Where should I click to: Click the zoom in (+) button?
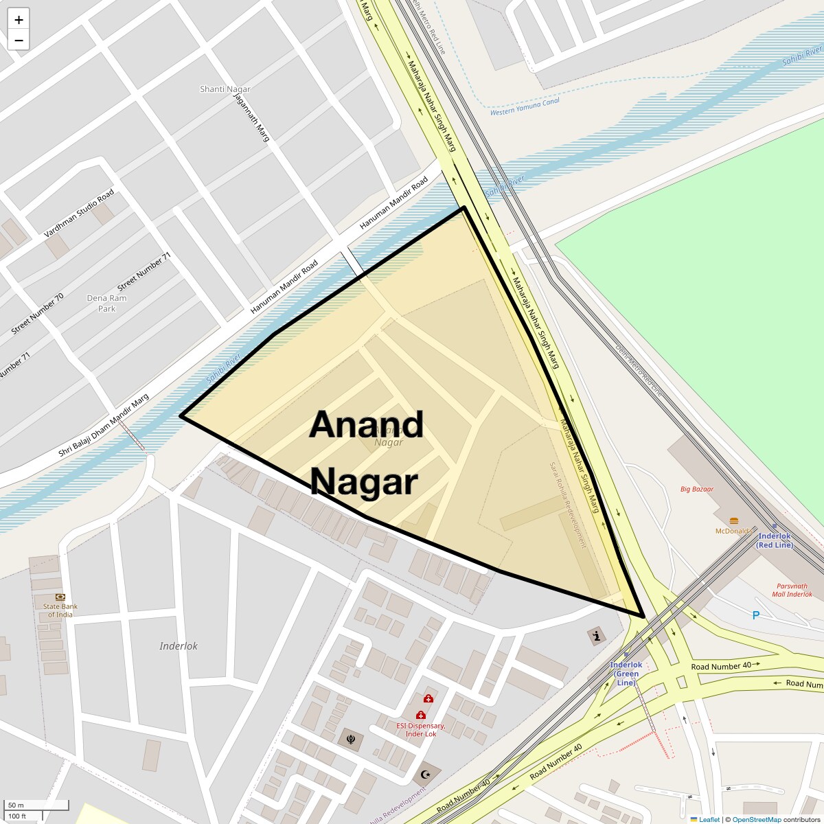click(x=19, y=19)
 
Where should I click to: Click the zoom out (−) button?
click(x=19, y=41)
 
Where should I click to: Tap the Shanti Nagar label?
click(x=225, y=89)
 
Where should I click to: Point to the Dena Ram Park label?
click(x=106, y=304)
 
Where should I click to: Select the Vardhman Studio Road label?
click(x=79, y=214)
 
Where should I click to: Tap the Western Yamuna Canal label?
click(x=525, y=106)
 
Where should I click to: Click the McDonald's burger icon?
click(x=734, y=520)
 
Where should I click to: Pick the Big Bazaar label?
click(x=697, y=490)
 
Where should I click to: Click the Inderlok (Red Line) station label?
click(x=775, y=540)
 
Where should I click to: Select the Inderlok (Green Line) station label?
click(x=626, y=674)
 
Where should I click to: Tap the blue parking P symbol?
click(x=756, y=615)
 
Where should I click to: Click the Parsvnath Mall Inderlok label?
click(x=792, y=591)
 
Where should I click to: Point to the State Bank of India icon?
click(x=60, y=597)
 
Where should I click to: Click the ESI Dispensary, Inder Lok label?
click(x=421, y=729)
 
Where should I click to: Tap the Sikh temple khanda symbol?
click(x=352, y=740)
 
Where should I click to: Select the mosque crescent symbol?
click(x=426, y=775)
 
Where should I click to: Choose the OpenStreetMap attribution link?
click(x=756, y=819)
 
